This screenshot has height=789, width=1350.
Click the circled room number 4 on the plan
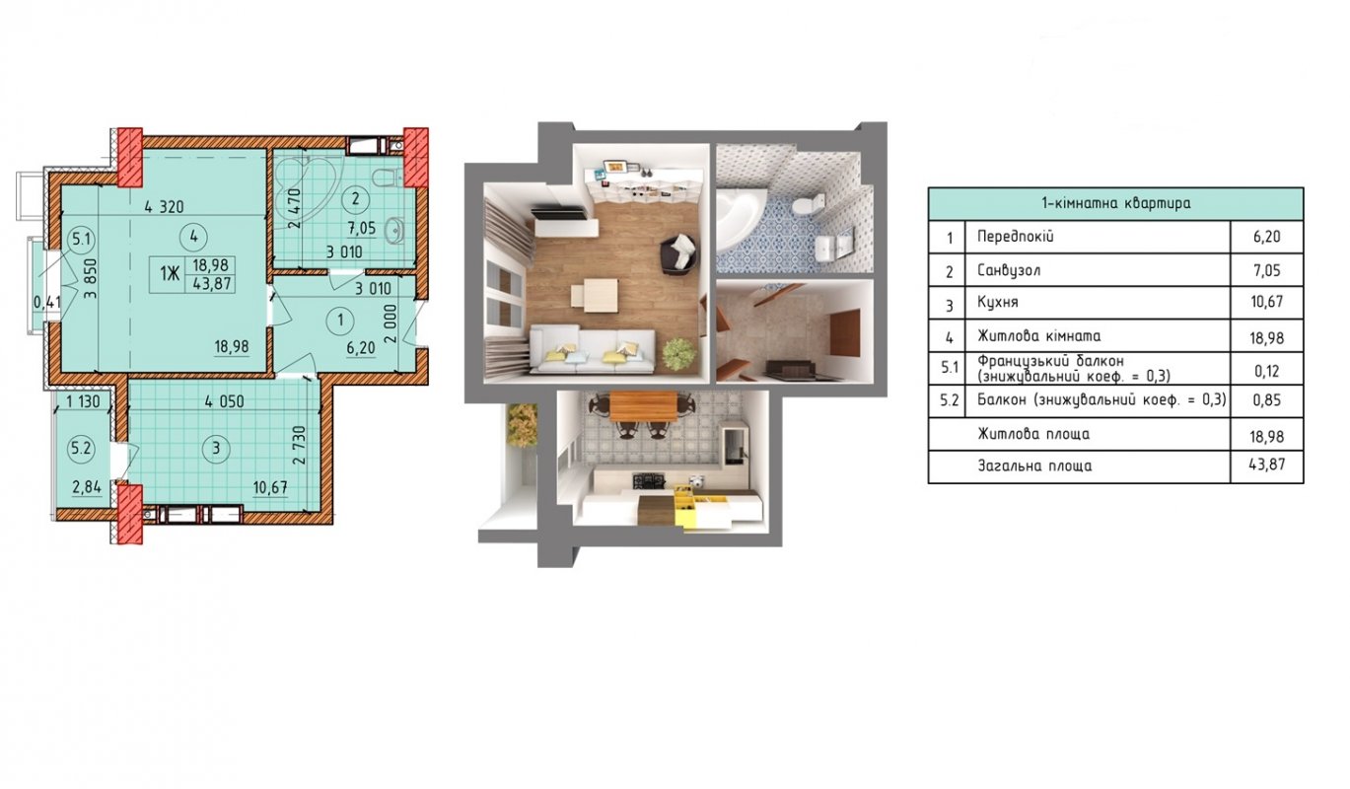coord(193,237)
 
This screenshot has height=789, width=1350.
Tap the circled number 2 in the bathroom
coord(355,198)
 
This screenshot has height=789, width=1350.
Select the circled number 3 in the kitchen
coord(216,449)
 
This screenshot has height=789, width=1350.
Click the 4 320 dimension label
coord(164,207)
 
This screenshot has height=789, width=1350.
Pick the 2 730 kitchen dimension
coord(300,445)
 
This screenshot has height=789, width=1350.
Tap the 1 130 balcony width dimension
coord(83,401)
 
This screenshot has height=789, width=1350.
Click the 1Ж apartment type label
coord(170,274)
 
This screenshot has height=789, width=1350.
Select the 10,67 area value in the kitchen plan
coord(270,487)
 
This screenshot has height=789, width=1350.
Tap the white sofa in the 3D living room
coord(593,351)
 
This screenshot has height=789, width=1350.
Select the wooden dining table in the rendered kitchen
coord(644,405)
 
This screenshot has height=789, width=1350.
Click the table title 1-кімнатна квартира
coord(1115,203)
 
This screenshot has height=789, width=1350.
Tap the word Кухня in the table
coord(997,302)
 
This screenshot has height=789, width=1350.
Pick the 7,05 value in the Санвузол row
coord(1267,270)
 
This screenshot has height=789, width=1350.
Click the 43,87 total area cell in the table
coord(1267,465)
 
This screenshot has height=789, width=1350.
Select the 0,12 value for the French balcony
coord(1267,371)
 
